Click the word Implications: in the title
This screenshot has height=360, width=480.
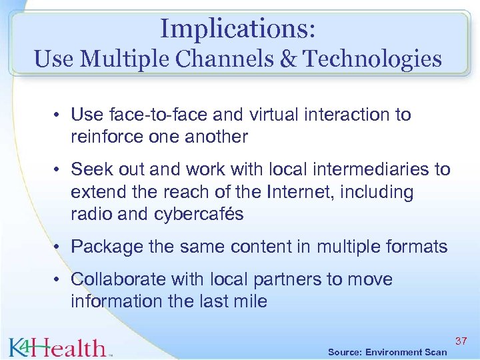click(x=237, y=29)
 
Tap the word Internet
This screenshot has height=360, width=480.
click(x=303, y=193)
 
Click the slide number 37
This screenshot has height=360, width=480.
click(x=461, y=341)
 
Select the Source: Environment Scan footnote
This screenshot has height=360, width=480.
click(x=387, y=352)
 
